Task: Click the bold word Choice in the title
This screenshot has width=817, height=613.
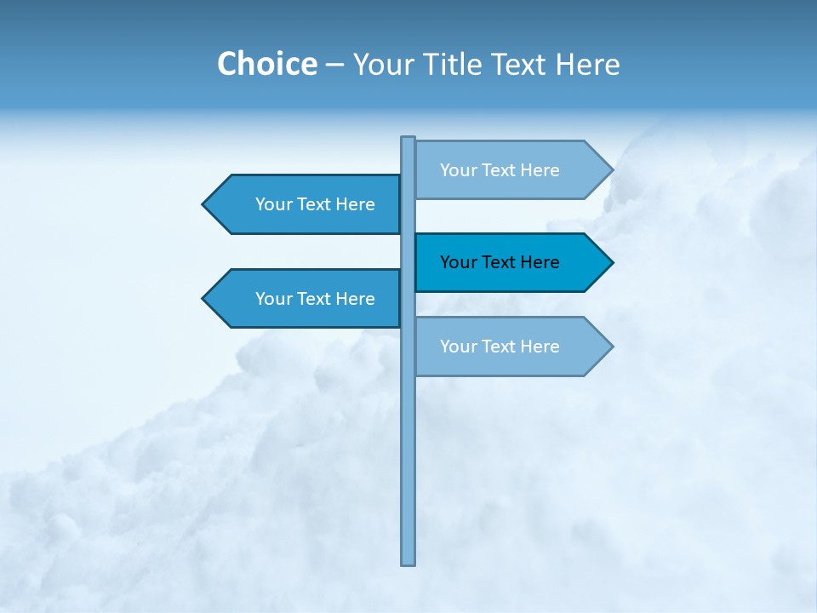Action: tap(266, 64)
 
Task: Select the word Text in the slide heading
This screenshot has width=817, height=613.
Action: tap(521, 64)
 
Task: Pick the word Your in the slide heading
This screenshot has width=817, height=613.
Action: tap(382, 64)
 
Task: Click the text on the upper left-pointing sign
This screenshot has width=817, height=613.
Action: tap(315, 204)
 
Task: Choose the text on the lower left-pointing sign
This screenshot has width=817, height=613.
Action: tap(315, 299)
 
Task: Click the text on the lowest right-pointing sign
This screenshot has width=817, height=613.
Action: tap(500, 347)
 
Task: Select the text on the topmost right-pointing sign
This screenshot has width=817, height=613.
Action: tap(500, 170)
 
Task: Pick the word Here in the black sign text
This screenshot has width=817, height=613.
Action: tap(539, 262)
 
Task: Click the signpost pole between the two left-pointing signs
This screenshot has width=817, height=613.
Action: tap(408, 252)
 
